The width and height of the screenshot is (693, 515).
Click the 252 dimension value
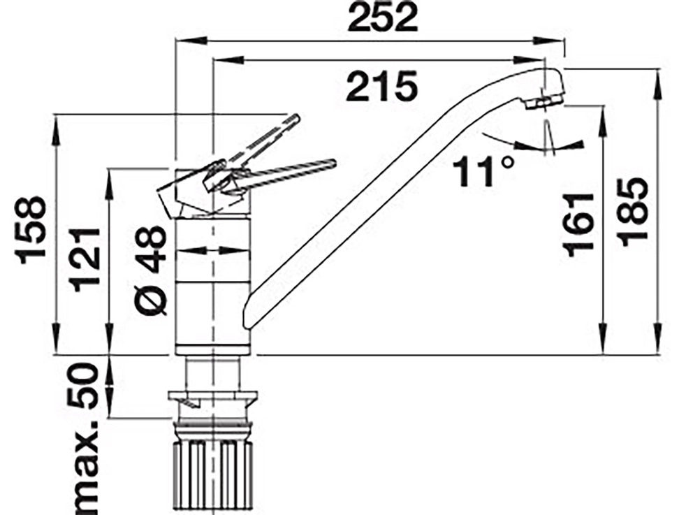tap(382, 17)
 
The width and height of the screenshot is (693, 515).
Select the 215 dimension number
tap(382, 86)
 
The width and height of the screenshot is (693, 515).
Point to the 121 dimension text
tap(85, 259)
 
